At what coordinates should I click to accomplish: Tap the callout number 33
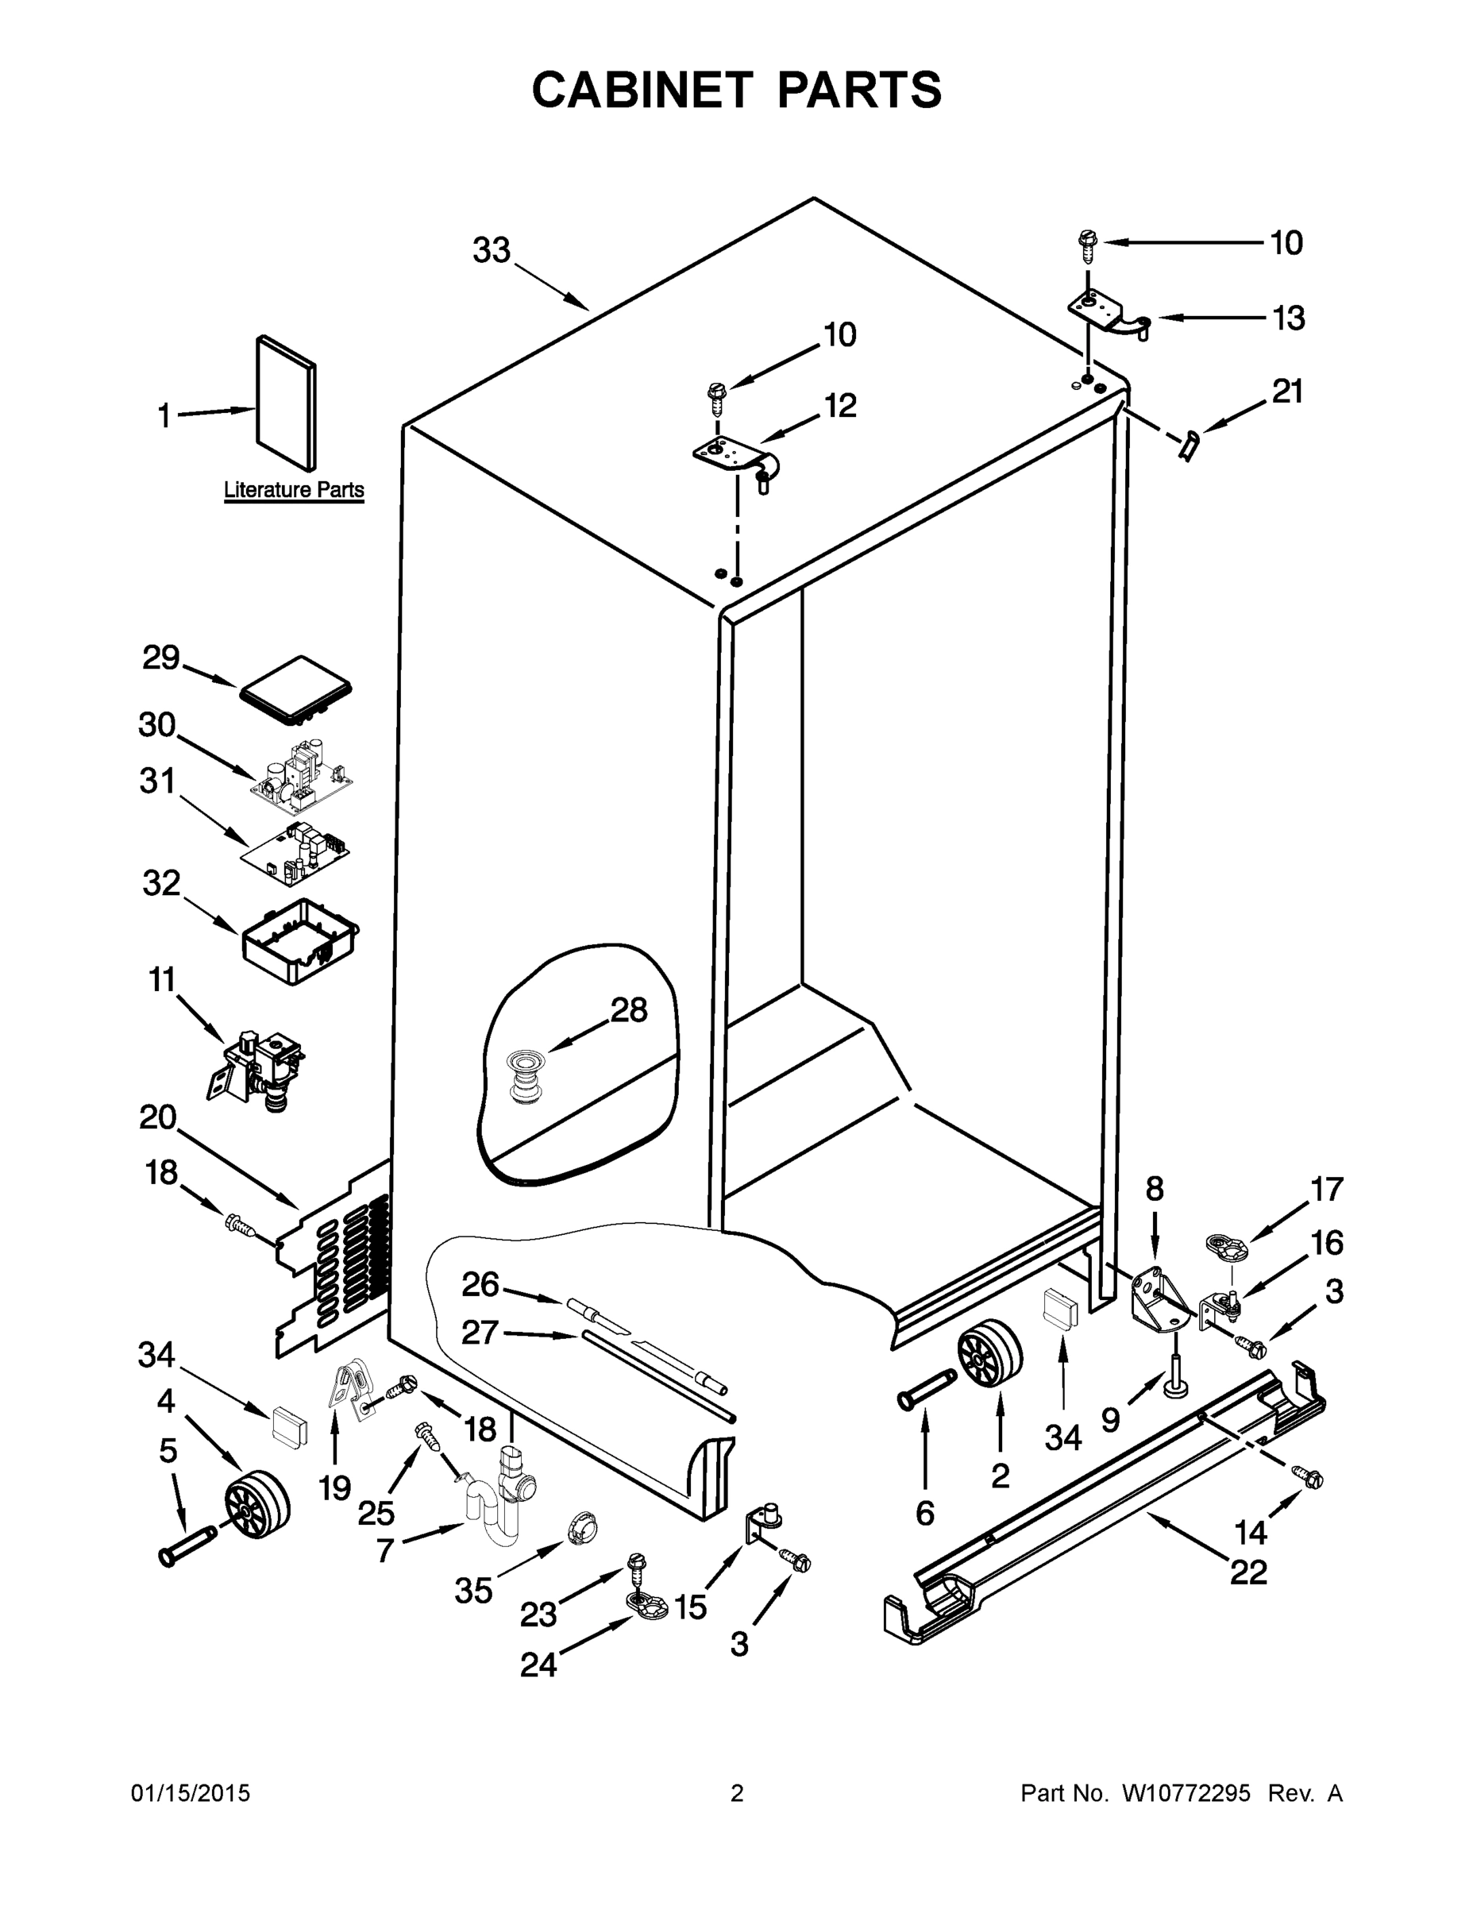[x=492, y=250]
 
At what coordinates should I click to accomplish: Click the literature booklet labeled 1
[x=286, y=404]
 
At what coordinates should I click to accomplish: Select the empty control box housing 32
[x=300, y=943]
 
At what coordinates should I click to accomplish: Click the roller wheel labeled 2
[x=989, y=1356]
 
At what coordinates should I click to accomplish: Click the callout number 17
[x=1326, y=1189]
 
